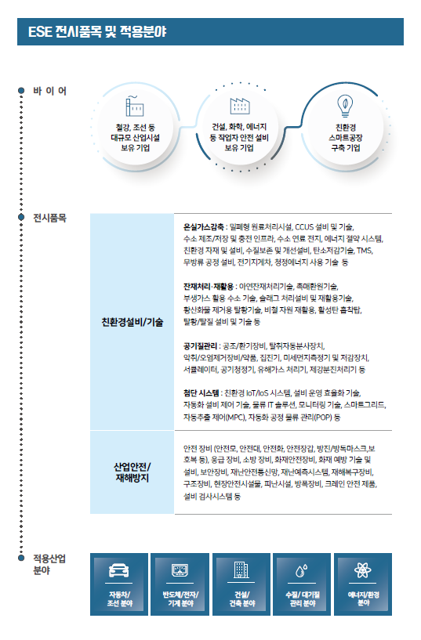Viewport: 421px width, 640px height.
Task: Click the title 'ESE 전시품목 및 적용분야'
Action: [97, 32]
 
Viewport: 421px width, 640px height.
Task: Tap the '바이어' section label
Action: [50, 91]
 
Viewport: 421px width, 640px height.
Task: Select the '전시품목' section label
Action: [50, 218]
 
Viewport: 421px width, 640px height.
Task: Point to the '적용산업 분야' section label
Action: [49, 564]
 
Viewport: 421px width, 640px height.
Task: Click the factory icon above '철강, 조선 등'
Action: [134, 106]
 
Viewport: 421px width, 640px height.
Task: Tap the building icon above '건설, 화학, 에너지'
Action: [240, 106]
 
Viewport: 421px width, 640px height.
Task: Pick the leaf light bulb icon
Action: [345, 106]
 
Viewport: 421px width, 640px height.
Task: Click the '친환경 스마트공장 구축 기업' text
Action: [346, 138]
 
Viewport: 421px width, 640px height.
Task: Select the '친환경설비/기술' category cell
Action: [132, 322]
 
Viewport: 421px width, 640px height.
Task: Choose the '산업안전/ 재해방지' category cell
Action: [132, 472]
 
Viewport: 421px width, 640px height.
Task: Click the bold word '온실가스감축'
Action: [204, 226]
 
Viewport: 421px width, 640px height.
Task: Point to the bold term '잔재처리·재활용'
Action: [209, 286]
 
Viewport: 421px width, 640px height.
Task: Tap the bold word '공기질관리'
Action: [200, 346]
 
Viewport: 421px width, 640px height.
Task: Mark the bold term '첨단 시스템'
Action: [201, 393]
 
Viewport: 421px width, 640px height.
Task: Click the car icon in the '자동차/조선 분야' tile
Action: [119, 570]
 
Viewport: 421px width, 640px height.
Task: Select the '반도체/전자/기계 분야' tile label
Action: [180, 598]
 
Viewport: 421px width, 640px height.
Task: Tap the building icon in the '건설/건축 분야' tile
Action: [241, 569]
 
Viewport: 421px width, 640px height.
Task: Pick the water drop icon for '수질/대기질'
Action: [302, 570]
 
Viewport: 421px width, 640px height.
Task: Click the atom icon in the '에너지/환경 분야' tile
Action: [363, 569]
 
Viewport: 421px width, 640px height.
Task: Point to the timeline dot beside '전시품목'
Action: [21, 217]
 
